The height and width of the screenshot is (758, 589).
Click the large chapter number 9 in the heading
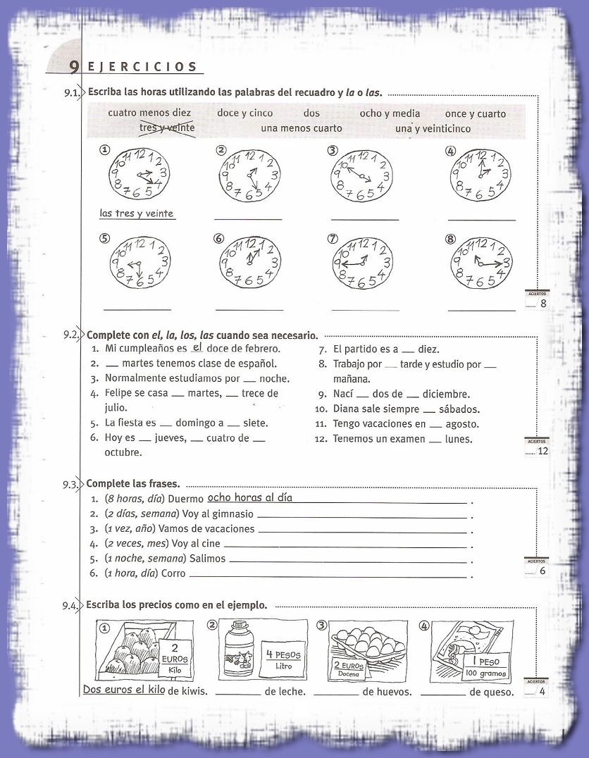[74, 67]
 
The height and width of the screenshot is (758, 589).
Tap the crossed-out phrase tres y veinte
[167, 128]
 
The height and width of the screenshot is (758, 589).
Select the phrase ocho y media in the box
[390, 113]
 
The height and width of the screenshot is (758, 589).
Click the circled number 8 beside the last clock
[450, 239]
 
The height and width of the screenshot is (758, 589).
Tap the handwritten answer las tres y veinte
[137, 213]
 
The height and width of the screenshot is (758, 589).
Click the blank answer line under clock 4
[481, 218]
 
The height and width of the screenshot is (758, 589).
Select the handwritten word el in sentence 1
[197, 347]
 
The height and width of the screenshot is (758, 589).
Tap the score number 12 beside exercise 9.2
[542, 451]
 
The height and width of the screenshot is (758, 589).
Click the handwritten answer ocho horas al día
[249, 497]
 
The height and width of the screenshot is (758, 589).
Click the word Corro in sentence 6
[173, 573]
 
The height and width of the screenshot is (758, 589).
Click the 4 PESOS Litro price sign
[283, 658]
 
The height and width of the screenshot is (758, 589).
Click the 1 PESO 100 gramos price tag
[486, 666]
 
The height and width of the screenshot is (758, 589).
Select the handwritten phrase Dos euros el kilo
[124, 690]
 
